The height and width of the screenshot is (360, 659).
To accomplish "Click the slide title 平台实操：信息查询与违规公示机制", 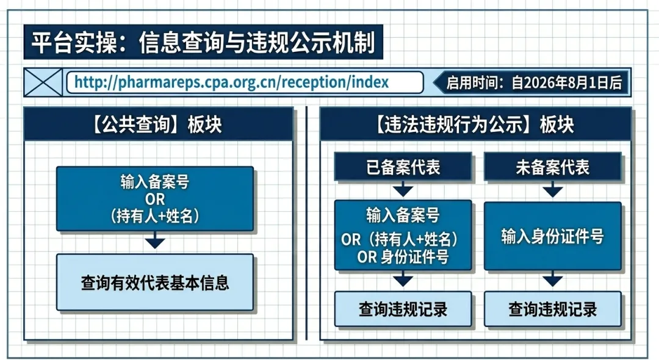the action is pos(203,43).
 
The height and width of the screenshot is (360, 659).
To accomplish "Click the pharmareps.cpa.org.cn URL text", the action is pos(232,82).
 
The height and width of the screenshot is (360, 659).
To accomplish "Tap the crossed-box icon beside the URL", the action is pos(43,82).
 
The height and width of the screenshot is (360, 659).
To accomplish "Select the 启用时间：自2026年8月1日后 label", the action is pos(534,82).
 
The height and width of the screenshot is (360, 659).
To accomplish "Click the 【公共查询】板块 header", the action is pos(159,124).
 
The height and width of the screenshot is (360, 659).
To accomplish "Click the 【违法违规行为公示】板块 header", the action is pos(475,124).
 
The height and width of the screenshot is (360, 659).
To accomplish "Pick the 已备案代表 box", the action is pos(403,167).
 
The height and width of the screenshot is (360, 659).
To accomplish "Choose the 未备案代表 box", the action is pos(553,167).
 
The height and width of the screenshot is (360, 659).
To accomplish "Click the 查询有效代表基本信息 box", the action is pos(155,283).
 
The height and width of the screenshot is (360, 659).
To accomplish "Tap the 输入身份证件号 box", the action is pos(553,236).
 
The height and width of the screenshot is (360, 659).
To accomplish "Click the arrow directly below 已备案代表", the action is pos(403,189).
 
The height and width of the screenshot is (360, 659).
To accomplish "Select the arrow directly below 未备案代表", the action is pos(553,189).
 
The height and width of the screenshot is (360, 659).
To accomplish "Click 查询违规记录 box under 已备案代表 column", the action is pos(403,309).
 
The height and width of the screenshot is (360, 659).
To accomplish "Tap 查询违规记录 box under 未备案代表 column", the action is pos(553,309).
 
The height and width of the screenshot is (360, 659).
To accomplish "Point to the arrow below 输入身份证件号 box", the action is pos(553,278).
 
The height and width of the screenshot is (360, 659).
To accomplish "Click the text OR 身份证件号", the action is pos(403,257).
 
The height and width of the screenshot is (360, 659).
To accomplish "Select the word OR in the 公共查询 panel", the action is pos(155,199).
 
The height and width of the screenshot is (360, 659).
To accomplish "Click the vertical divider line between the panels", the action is pos(306,223).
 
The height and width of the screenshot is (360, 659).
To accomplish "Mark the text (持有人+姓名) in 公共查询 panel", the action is pos(155,216).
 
